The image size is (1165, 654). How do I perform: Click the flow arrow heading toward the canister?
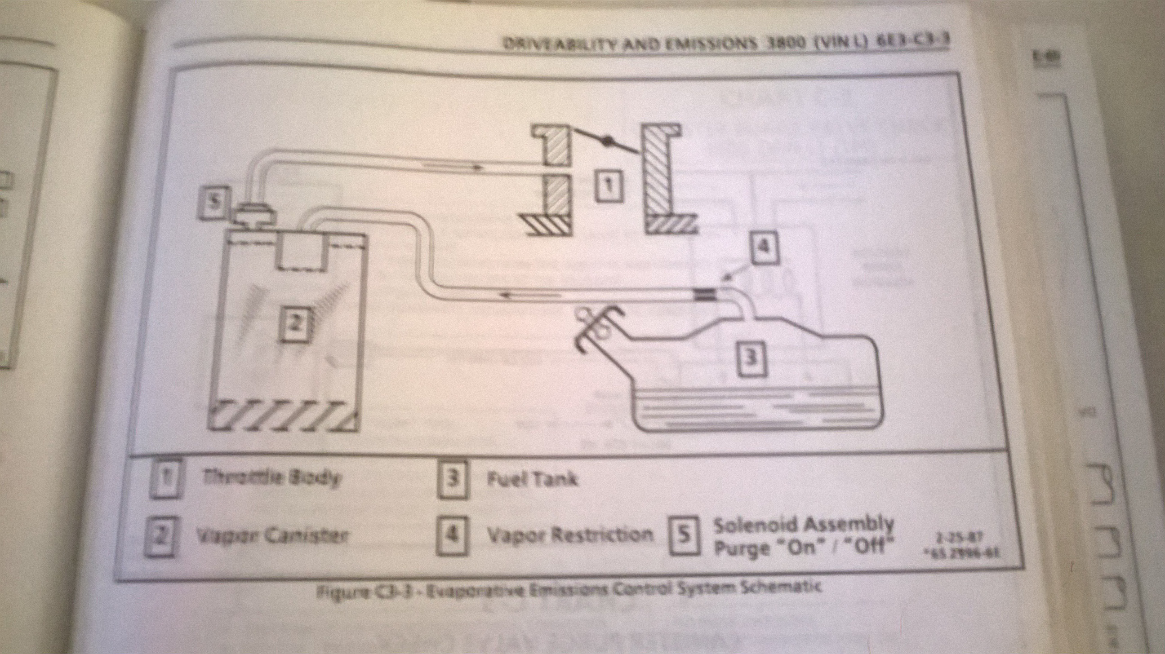pyautogui.click(x=529, y=295)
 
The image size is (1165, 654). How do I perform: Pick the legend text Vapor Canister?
pyautogui.click(x=272, y=536)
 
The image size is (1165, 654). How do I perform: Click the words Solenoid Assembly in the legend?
pyautogui.click(x=803, y=525)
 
